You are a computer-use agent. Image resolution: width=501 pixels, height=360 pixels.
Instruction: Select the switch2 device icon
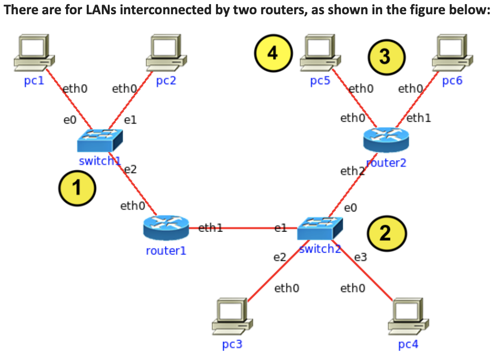point(319,228)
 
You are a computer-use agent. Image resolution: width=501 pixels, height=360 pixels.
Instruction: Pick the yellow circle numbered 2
point(386,234)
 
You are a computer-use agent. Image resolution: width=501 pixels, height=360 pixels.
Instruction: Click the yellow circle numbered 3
point(385,57)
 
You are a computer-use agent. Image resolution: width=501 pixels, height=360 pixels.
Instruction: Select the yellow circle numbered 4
point(274,54)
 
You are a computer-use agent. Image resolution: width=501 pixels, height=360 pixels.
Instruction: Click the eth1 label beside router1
point(210,227)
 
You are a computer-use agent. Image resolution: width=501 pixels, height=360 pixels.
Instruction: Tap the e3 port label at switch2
point(361,257)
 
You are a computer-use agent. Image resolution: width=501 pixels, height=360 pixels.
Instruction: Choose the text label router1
point(166,251)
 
